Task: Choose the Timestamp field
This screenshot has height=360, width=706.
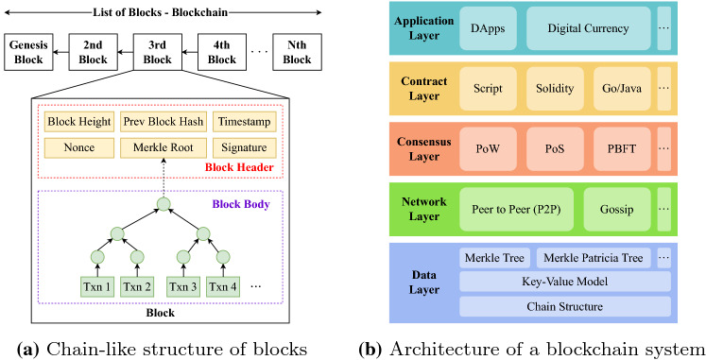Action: tap(245, 123)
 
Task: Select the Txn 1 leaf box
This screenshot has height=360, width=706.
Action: tap(95, 285)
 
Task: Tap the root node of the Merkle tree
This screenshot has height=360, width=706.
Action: tap(164, 204)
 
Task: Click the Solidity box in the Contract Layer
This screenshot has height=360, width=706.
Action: tap(553, 88)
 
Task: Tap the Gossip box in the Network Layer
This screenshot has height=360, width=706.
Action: tap(617, 207)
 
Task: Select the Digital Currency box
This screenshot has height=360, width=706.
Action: tap(588, 28)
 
